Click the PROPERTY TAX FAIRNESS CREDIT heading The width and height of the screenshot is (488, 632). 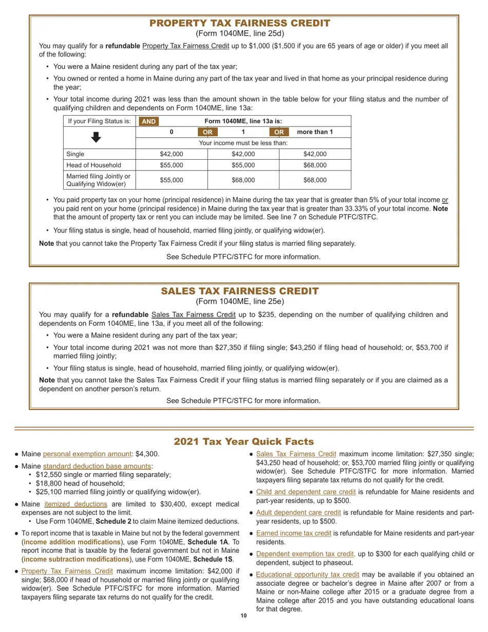tap(239, 23)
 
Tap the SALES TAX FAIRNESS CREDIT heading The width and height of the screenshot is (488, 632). tap(239, 291)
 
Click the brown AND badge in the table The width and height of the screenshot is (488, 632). tap(148, 121)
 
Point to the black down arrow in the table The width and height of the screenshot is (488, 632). tap(96, 137)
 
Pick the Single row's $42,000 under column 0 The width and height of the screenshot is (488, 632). tap(171, 154)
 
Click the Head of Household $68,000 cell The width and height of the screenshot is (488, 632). tap(315, 165)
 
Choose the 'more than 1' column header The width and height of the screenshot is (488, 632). tap(315, 132)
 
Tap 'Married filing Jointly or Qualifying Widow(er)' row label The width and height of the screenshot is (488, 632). tap(98, 180)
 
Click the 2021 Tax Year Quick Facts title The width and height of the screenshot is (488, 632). tap(243, 441)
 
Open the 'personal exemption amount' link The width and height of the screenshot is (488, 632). tap(87, 454)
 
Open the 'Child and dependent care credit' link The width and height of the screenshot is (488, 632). tap(306, 492)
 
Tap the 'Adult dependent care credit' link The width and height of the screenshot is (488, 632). tap(298, 513)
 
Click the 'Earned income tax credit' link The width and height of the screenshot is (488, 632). tap(293, 533)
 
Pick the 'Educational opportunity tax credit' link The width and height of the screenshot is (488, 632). tap(307, 574)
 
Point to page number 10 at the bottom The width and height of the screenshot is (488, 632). tap(243, 616)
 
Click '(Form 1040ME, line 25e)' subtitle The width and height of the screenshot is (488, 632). tap(239, 302)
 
